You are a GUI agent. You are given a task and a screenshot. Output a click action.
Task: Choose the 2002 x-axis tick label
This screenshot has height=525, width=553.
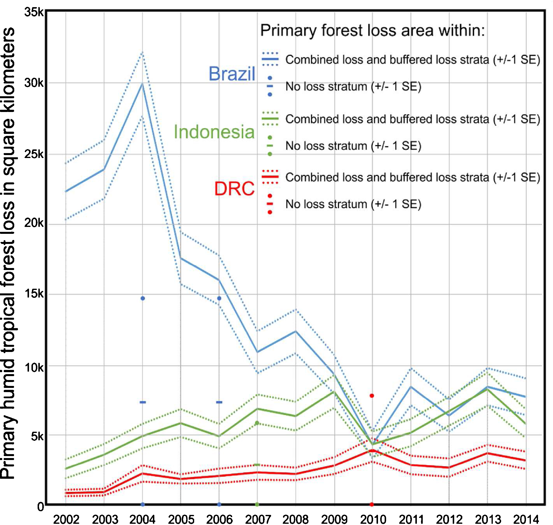click(66, 519)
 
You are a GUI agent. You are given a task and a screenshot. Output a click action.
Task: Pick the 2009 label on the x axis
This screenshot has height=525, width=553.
click(334, 519)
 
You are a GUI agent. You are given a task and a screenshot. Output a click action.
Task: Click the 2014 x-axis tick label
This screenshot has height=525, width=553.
click(526, 519)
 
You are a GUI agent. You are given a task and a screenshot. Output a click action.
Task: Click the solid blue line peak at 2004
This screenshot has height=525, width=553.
click(143, 84)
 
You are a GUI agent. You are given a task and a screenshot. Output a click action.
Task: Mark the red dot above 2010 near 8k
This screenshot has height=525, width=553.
click(372, 396)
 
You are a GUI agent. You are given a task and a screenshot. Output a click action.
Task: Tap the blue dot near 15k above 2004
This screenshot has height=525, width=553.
click(143, 298)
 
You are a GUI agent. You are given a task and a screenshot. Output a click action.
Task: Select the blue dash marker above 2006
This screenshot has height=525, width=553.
click(219, 402)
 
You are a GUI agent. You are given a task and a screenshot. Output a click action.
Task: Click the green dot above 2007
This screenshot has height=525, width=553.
click(257, 423)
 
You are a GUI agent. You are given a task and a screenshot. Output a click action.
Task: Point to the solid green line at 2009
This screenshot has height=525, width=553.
click(334, 392)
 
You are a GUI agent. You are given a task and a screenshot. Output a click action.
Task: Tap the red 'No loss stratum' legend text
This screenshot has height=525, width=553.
click(353, 204)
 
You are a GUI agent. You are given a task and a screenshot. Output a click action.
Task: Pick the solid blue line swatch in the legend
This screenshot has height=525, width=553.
click(270, 59)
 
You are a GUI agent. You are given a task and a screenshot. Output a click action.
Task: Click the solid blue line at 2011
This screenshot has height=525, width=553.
click(411, 387)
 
